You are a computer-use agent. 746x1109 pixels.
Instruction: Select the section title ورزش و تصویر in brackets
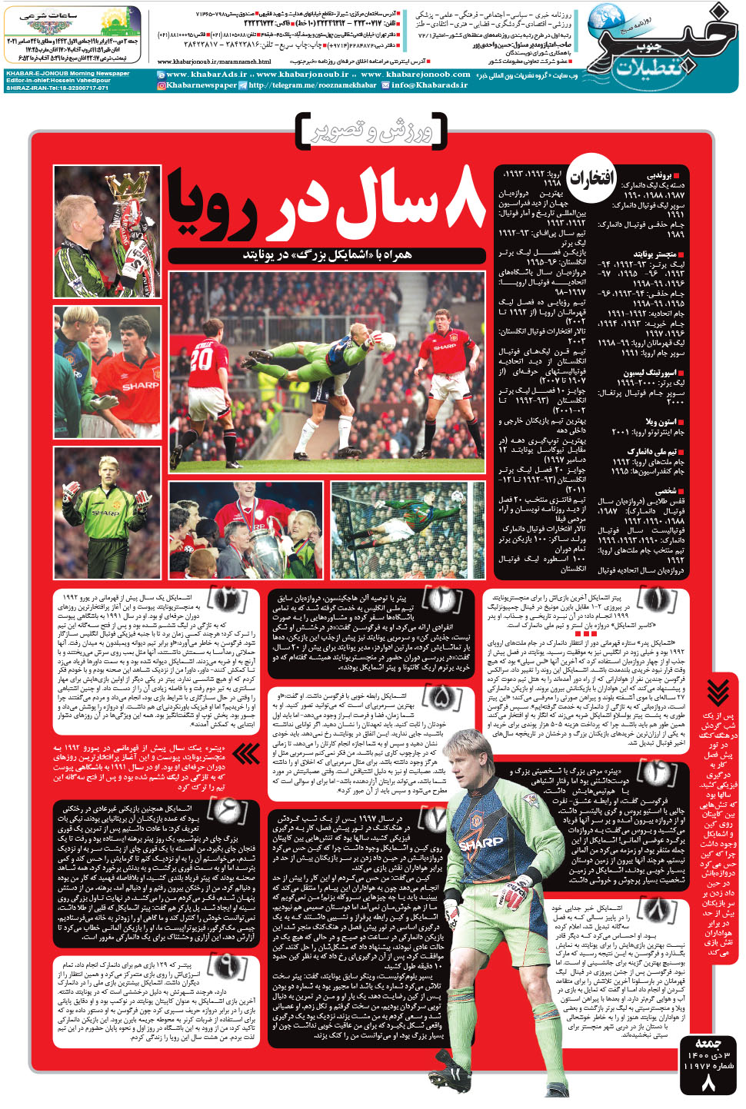pos(371,131)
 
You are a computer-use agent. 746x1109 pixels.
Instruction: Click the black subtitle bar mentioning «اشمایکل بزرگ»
pos(327,254)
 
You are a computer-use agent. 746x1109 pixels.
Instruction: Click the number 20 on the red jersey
pos(201,358)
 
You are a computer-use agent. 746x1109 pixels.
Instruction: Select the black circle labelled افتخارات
pos(591,178)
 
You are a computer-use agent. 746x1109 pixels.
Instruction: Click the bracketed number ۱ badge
pos(657,598)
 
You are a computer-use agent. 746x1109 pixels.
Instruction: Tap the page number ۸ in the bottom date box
pos(708,1084)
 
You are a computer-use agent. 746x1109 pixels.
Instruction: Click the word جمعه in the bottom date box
pos(708,1043)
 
